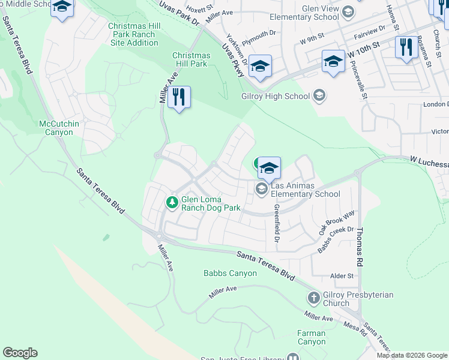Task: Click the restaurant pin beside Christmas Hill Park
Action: coord(178,98)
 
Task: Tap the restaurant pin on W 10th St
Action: coord(406,47)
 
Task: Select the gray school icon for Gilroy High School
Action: coord(319,96)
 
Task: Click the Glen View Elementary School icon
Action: coord(348,12)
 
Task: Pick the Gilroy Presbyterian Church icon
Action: coord(313,298)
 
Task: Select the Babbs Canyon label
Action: coord(230,274)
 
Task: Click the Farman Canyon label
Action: coord(311,337)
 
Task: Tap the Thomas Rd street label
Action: coord(360,246)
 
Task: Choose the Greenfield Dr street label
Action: coord(277,223)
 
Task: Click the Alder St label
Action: coord(343,276)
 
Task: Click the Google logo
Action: coord(20,353)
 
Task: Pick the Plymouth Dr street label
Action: coord(259,34)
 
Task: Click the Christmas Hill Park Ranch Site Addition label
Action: coord(132,34)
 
